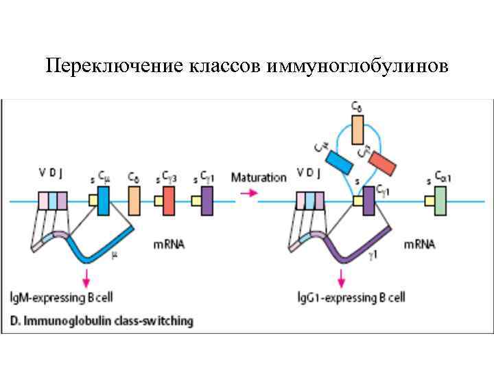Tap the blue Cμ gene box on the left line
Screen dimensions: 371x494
point(103,201)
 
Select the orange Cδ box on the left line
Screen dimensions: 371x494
point(134,201)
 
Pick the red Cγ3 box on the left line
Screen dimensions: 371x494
point(169,201)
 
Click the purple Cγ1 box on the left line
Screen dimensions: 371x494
point(207,201)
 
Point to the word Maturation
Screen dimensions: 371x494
point(259,177)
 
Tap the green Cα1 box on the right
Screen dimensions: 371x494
point(440,201)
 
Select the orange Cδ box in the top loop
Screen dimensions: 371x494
point(357,130)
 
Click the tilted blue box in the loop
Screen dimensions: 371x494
point(338,161)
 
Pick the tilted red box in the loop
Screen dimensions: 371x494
point(381,161)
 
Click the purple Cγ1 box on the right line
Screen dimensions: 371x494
point(368,201)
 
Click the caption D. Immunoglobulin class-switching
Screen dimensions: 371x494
point(102,320)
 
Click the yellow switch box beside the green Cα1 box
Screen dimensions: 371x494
point(430,201)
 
